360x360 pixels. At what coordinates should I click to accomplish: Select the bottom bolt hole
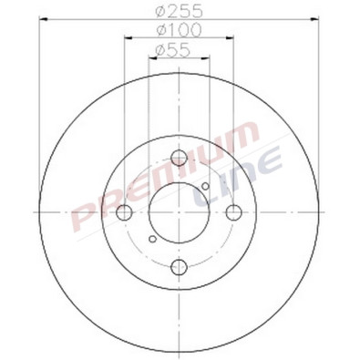[x=179, y=267]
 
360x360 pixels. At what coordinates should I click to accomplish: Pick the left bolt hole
[x=124, y=212]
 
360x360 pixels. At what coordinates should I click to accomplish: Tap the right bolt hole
[x=233, y=212]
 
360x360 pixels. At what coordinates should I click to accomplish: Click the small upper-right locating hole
[x=206, y=188]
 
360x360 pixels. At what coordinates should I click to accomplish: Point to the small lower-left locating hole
[x=152, y=239]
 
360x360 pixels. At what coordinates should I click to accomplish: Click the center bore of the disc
[x=179, y=212]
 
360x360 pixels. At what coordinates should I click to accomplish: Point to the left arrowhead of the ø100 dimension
[x=126, y=39]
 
